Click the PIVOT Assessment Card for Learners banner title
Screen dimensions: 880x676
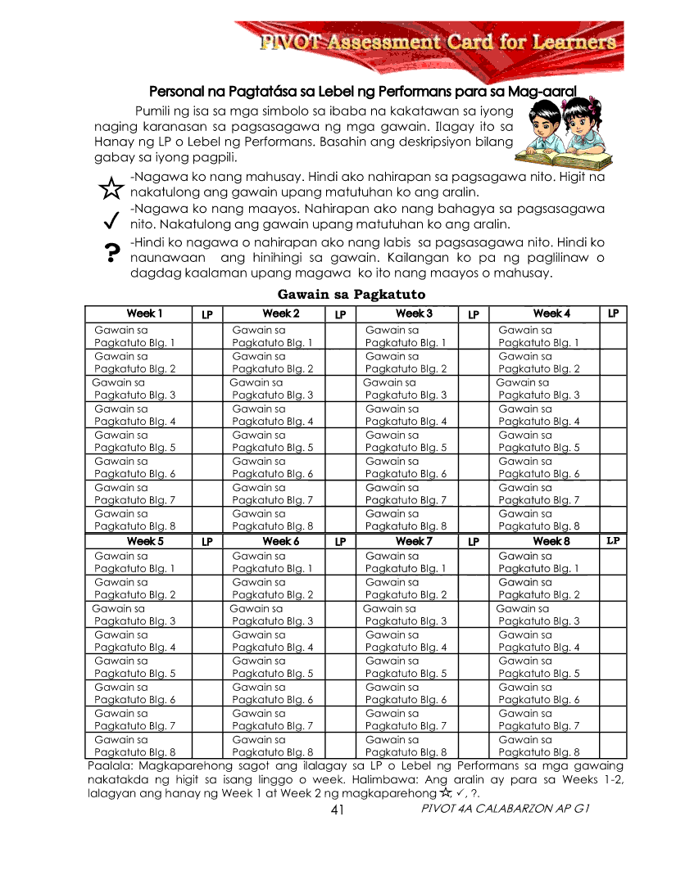(438, 42)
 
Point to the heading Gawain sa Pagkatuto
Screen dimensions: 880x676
(352, 294)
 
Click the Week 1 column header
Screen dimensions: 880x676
(144, 314)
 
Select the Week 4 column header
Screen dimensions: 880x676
(551, 314)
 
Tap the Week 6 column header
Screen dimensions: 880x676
(280, 541)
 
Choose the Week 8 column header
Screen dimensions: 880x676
(551, 541)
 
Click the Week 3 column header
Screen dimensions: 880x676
(414, 314)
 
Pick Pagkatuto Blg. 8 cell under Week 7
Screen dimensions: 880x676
(406, 746)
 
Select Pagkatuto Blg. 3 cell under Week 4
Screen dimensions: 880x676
(539, 389)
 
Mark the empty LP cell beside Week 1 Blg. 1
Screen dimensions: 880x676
(206, 336)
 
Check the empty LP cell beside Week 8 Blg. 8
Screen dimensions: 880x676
(613, 746)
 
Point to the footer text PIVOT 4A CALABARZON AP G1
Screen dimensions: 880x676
(505, 809)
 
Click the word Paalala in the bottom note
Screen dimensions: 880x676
(108, 766)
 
